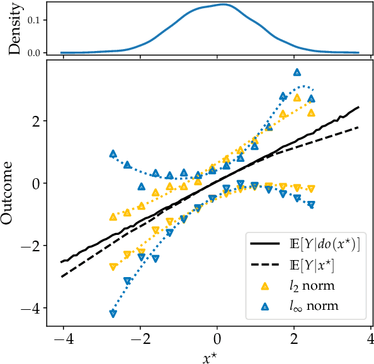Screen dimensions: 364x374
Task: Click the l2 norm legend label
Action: click(312, 286)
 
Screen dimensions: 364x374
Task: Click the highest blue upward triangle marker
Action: click(297, 72)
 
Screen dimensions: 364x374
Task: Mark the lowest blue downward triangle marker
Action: click(113, 314)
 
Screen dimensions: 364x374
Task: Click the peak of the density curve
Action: click(224, 4)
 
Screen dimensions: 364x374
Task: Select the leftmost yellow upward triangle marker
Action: click(113, 217)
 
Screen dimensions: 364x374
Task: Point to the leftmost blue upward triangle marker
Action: click(113, 154)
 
